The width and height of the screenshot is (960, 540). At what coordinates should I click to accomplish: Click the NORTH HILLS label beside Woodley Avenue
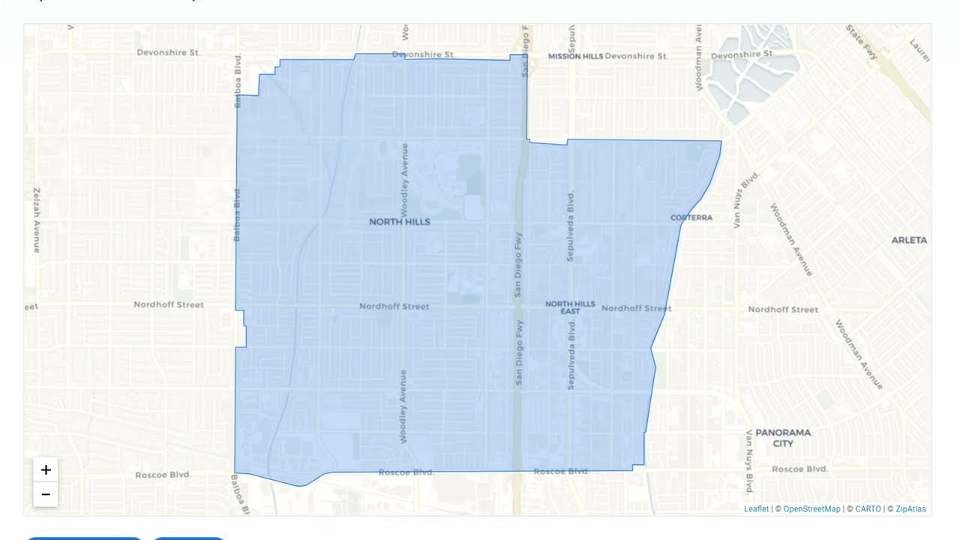click(x=400, y=222)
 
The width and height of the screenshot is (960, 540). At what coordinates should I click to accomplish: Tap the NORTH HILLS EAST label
click(x=570, y=307)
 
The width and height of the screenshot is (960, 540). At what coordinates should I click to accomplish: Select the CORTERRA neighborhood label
click(x=691, y=217)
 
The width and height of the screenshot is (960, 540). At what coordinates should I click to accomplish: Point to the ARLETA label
click(x=909, y=240)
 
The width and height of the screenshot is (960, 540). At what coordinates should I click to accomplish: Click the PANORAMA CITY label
click(x=783, y=438)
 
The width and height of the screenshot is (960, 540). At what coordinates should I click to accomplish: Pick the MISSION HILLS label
click(x=575, y=56)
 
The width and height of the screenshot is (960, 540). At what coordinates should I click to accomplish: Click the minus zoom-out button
click(x=46, y=494)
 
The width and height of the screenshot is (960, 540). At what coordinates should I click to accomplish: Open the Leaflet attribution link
click(x=756, y=509)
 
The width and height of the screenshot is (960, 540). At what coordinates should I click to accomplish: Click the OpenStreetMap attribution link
click(x=811, y=509)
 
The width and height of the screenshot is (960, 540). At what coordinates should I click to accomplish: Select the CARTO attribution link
click(x=868, y=509)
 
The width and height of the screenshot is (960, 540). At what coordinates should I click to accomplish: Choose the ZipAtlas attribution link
click(x=910, y=509)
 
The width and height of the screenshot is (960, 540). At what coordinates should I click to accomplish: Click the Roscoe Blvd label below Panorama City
click(x=799, y=469)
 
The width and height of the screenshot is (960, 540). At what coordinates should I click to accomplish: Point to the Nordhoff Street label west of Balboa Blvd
click(x=169, y=304)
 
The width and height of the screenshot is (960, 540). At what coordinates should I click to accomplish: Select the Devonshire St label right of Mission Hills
click(x=636, y=56)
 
